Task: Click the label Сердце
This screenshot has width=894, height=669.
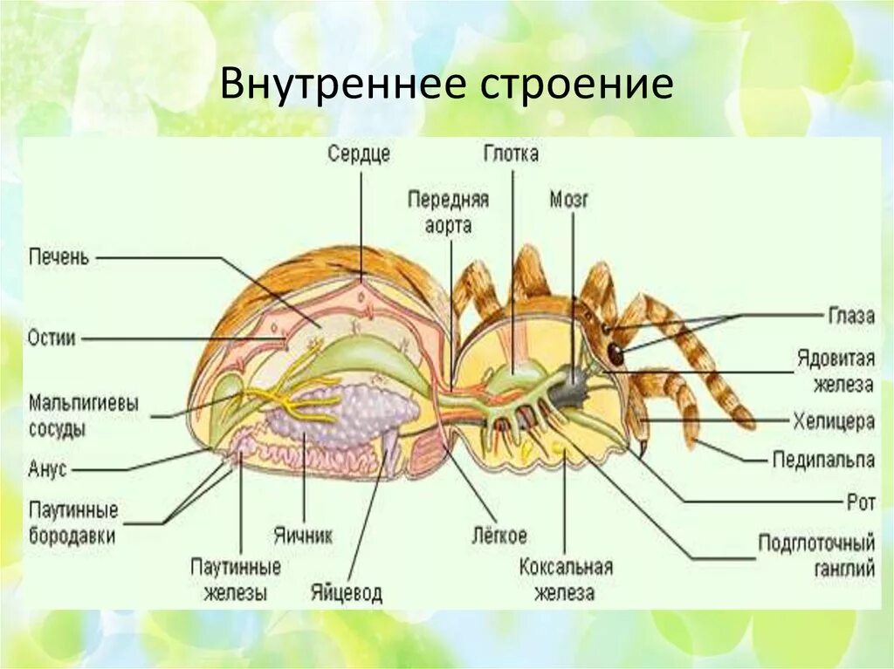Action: (x=359, y=154)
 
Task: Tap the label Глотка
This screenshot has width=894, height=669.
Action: (x=511, y=154)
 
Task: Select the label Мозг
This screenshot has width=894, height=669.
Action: (x=569, y=200)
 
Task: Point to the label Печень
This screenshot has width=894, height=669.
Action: (x=58, y=258)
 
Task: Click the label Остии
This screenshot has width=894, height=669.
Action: (x=52, y=338)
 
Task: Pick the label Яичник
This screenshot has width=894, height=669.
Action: (x=303, y=536)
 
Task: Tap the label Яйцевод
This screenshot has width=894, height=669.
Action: (x=346, y=593)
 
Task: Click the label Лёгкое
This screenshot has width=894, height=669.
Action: (x=498, y=536)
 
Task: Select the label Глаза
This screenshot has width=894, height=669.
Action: (x=850, y=316)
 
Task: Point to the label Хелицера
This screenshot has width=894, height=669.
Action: (x=834, y=421)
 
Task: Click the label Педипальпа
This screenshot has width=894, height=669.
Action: (x=823, y=459)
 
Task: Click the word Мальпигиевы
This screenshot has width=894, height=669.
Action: (x=84, y=405)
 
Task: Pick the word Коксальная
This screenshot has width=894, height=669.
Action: (x=566, y=567)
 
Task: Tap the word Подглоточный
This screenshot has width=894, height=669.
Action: (x=815, y=544)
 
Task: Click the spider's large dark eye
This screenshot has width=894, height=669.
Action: (x=616, y=353)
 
